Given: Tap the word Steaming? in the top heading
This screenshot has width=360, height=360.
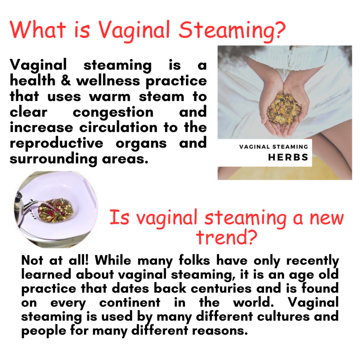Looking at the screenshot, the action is click(x=232, y=31).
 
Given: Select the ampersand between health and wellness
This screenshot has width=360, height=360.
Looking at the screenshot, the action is click(x=66, y=81).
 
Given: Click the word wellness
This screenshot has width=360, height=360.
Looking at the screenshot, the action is click(x=108, y=81).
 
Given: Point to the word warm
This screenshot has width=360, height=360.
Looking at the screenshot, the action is click(x=110, y=97).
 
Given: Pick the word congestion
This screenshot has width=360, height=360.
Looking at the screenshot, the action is click(x=113, y=112).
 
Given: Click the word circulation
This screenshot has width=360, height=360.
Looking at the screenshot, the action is click(x=118, y=127).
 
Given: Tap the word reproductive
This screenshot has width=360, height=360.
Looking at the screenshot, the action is click(x=57, y=143).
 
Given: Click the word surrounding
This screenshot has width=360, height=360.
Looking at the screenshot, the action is click(x=53, y=159).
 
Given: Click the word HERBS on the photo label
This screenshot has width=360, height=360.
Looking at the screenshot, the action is click(x=288, y=157).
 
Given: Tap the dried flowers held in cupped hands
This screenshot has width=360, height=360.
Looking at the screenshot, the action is click(x=284, y=109).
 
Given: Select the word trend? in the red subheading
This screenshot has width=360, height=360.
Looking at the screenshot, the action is click(x=227, y=237).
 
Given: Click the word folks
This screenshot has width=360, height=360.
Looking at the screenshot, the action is click(x=194, y=261).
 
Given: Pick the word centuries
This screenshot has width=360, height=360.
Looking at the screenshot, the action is click(x=221, y=289).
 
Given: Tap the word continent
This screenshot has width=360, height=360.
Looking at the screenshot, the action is click(x=130, y=303).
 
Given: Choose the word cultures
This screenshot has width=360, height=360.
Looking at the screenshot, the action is click(x=283, y=317).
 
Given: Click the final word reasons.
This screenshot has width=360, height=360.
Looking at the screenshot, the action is click(x=220, y=331).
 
